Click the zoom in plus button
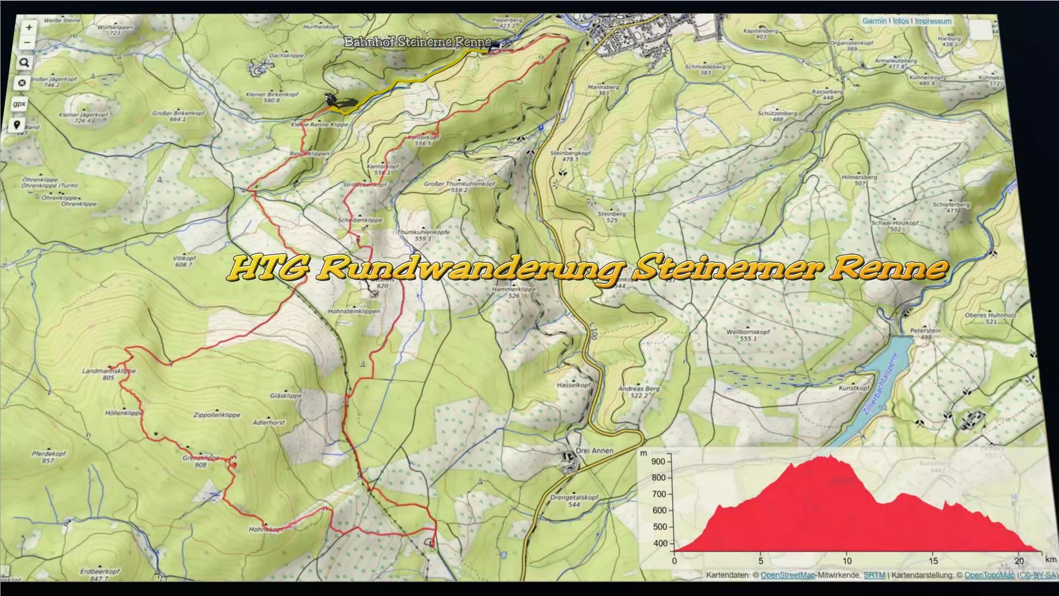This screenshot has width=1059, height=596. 29,27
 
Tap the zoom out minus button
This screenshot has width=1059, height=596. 27,42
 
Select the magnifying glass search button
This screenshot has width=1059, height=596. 24,63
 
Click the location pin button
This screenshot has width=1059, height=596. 17,125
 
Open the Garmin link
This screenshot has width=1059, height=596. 874,21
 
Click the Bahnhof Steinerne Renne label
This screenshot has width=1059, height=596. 417,42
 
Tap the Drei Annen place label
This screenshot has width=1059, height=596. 594,450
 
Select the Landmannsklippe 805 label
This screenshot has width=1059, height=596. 109,374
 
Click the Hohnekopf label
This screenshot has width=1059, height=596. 266,529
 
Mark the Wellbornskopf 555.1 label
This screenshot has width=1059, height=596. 748,335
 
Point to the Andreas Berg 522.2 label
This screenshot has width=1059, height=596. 638,391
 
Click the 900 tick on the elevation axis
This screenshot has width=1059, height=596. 658,461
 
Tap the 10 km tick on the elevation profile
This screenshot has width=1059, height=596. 847,561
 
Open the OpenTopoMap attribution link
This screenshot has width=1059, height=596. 989,575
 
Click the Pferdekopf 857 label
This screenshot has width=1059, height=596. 49,457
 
